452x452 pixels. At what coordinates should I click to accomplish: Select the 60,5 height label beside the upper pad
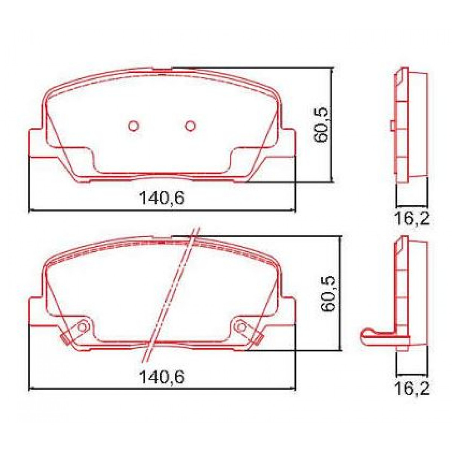[x=322, y=124]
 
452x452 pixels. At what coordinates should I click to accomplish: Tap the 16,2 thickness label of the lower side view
[x=412, y=389]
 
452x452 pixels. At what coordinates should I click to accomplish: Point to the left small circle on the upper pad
[x=133, y=125]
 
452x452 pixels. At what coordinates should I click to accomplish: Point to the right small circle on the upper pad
[x=191, y=125]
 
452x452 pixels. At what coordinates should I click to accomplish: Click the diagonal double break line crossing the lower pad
[x=171, y=294]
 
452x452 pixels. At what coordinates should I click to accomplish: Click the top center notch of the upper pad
[x=162, y=69]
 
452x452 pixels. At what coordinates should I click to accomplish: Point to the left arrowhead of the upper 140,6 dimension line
[x=31, y=210]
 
